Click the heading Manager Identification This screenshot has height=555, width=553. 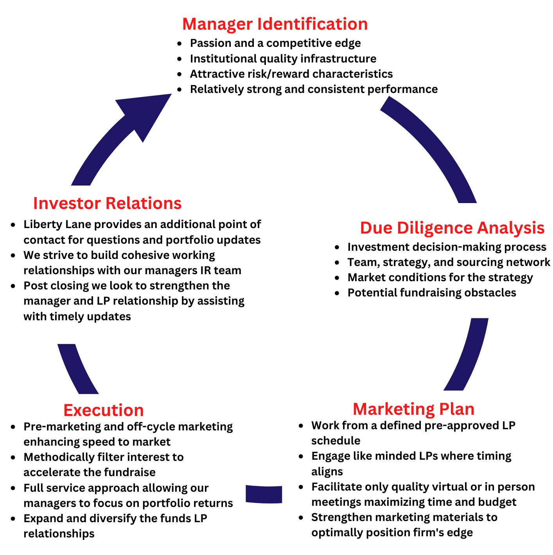tap(275, 24)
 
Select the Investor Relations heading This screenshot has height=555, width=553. tap(107, 203)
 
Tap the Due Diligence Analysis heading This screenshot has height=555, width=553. tap(452, 228)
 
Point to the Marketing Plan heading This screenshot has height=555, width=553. tap(413, 409)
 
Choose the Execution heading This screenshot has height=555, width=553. tap(104, 410)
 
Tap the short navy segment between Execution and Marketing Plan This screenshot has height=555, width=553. tap(264, 494)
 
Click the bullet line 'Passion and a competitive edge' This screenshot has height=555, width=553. tap(275, 43)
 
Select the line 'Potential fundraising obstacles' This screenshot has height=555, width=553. tap(432, 293)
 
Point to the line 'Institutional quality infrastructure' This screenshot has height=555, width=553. tap(283, 59)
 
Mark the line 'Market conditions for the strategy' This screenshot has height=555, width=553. tap(440, 277)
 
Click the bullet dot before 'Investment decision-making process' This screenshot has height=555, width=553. tap(337, 247)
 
